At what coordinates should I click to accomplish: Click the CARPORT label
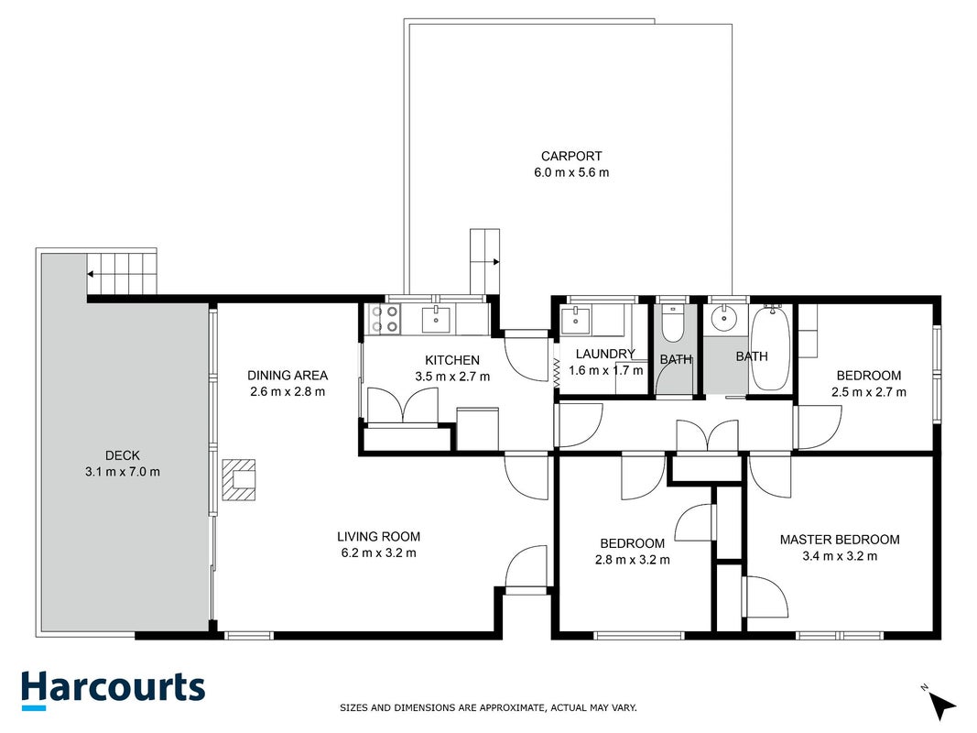pos(570,157)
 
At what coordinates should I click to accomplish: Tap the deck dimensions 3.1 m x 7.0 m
pos(122,472)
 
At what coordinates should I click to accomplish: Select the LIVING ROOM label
pos(378,537)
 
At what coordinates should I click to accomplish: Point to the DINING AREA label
pos(288,376)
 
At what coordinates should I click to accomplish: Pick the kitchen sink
pos(436,320)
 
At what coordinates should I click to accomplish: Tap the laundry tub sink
pos(575,321)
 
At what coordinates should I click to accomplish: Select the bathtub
pos(771,348)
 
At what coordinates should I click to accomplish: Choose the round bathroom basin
pos(723,319)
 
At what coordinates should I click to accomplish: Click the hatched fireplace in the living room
pos(239,480)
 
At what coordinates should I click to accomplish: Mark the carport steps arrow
pos(485,262)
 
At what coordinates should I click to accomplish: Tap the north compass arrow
pos(942,705)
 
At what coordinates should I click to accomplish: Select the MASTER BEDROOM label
pos(840,540)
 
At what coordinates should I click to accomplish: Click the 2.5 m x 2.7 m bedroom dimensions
pos(869,392)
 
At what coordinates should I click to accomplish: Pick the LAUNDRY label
pos(605,354)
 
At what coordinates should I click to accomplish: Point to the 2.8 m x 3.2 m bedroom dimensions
pos(633,560)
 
